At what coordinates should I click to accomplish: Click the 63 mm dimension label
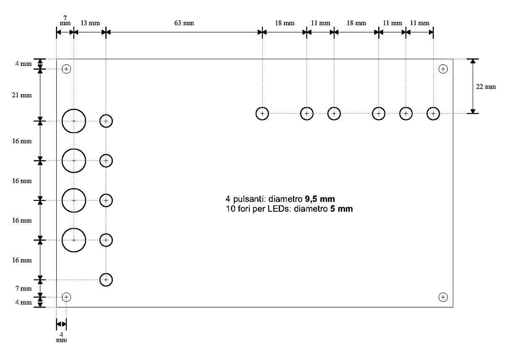[x=184, y=23]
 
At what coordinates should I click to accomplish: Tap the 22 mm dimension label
[x=486, y=87]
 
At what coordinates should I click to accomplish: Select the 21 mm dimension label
[x=22, y=95]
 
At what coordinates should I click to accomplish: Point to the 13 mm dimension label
[x=90, y=23]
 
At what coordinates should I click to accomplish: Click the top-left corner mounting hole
[x=66, y=65]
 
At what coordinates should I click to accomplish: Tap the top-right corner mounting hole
[x=443, y=65]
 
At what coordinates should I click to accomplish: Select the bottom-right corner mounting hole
[x=443, y=293]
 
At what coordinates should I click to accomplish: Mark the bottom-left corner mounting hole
[x=66, y=293]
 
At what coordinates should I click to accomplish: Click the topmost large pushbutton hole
[x=74, y=109]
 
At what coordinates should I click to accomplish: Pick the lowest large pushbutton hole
[x=74, y=229]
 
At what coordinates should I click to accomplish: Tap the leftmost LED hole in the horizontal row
[x=262, y=107]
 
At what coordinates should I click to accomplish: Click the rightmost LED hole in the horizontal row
[x=433, y=107]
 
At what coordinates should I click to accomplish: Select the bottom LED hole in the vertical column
[x=106, y=273]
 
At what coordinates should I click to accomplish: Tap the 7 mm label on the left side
[x=24, y=289]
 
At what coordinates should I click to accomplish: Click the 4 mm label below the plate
[x=61, y=337]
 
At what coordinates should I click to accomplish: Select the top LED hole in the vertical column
[x=106, y=115]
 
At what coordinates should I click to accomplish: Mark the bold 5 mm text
[x=341, y=209]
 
